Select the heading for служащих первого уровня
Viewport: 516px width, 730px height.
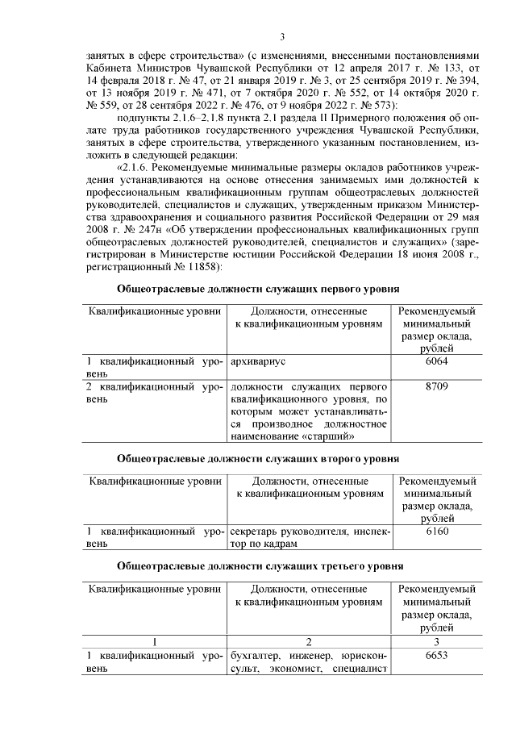pos(258,288)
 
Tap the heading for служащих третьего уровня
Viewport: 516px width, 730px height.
pos(258,567)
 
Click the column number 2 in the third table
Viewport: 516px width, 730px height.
pos(308,642)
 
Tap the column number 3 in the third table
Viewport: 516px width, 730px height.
pos(436,642)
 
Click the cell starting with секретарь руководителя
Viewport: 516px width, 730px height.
pos(308,538)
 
